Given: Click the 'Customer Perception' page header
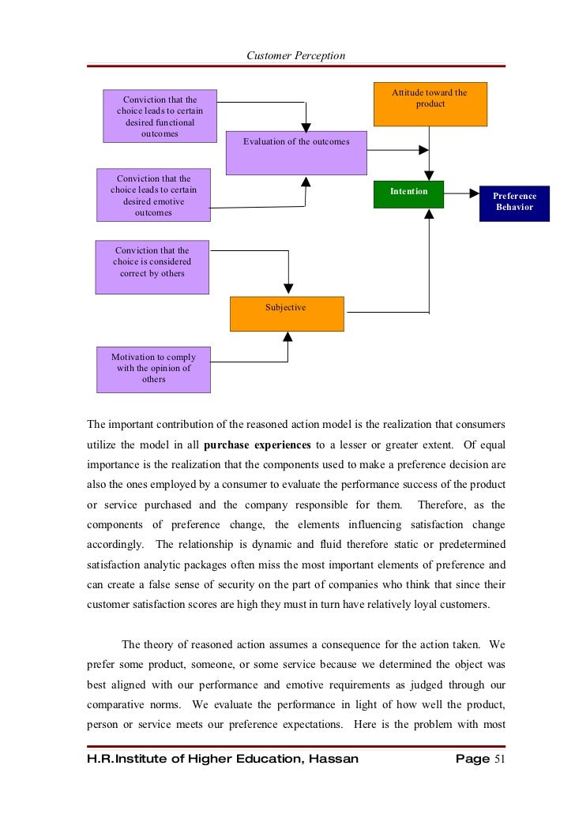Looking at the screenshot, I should (x=295, y=55).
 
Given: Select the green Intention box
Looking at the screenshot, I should (x=408, y=194).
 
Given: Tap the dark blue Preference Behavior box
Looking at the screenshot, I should (x=514, y=203).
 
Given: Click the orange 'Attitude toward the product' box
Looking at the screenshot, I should (x=430, y=104).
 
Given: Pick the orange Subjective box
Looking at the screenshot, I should (x=287, y=313).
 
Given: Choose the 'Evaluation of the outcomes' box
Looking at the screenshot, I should (x=296, y=152).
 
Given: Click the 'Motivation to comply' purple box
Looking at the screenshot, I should (x=153, y=369).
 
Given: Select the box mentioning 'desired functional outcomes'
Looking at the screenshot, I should (x=160, y=116).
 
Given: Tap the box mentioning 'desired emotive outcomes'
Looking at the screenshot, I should (x=153, y=195).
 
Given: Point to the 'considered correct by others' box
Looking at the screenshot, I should (x=152, y=267).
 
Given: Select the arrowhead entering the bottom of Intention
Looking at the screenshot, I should (x=429, y=213).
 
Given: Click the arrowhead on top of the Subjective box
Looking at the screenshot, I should (x=287, y=290).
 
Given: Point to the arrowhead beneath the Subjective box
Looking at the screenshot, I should (x=287, y=336).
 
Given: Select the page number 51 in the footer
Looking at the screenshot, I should (x=498, y=760).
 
